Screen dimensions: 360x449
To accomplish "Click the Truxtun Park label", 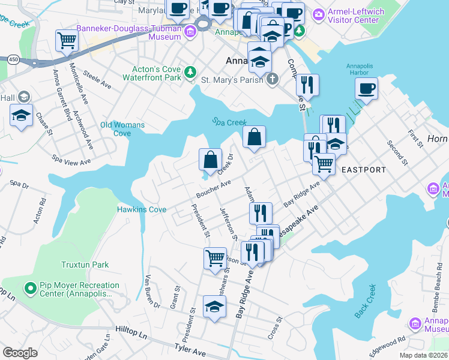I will pos(84,264).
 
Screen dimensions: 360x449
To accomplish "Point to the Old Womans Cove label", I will pos(122,129).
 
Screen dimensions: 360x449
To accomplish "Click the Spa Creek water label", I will pos(230,122).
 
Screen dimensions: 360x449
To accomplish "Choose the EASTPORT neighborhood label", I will pos(364,170).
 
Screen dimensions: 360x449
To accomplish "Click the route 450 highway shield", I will pos(13,59).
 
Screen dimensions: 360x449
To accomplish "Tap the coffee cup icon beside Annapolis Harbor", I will pos(366,89).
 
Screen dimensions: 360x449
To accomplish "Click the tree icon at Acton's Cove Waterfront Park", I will pos(190,72).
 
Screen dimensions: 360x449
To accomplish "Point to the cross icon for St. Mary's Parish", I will pos(273,79).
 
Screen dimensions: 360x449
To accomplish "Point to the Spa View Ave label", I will pos(71,160).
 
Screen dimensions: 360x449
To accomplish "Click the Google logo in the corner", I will pos(20,353).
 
